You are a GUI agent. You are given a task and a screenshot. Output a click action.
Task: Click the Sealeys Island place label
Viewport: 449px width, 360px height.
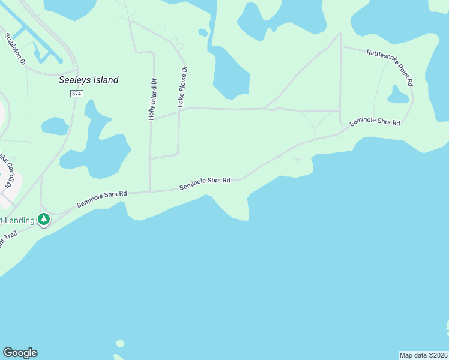point(89,80)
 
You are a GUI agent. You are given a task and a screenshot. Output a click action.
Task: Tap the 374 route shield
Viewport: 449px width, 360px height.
point(76,94)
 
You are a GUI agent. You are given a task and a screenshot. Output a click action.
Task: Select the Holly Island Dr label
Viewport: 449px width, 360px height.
point(154,100)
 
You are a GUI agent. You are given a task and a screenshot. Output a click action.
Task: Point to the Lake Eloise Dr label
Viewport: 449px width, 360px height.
point(182,86)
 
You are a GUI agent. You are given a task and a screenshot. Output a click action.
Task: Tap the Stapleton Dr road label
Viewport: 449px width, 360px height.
point(16,49)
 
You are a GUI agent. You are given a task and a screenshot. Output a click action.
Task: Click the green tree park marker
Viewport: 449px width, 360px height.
point(44,220)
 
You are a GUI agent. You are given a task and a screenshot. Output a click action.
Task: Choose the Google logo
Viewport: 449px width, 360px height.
point(20,353)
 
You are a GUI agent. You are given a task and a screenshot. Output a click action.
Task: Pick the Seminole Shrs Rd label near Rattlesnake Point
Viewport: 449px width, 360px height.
point(375,121)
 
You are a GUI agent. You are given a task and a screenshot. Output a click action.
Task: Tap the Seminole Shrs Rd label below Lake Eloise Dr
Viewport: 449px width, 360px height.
point(205,184)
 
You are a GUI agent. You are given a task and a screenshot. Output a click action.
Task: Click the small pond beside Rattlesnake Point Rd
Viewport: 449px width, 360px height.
point(397,95)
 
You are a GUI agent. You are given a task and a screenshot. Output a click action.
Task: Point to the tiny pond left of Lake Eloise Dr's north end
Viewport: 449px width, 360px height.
point(203,32)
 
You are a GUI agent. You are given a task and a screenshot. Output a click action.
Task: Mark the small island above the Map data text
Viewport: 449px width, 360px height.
point(447,328)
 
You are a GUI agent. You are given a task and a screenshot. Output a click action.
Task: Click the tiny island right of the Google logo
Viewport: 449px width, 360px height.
point(120,344)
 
